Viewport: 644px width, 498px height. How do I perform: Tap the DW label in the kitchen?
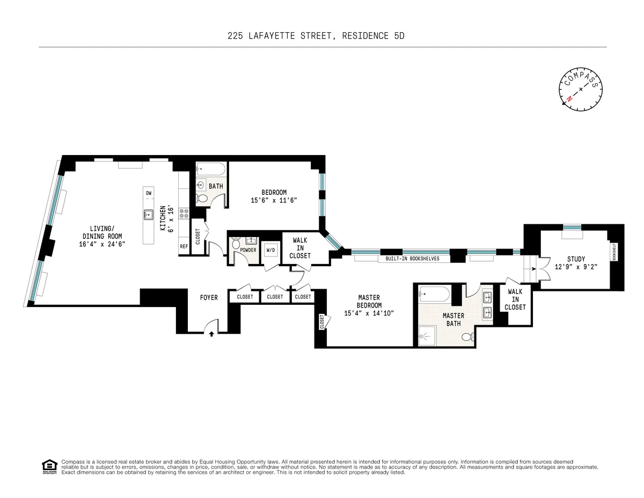149,193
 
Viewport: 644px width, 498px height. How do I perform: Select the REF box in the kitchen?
184,247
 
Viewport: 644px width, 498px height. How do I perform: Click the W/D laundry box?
270,250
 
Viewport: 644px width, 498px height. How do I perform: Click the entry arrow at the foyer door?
211,333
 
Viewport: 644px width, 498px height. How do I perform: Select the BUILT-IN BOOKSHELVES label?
409,259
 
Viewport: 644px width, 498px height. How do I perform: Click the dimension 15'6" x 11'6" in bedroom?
274,200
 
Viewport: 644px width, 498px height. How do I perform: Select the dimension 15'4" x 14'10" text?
369,313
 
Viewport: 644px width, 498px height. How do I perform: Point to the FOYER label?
209,297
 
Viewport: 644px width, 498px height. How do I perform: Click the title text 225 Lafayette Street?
321,36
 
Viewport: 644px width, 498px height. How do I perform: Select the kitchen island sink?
149,215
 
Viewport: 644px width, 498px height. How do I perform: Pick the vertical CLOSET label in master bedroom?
322,322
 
